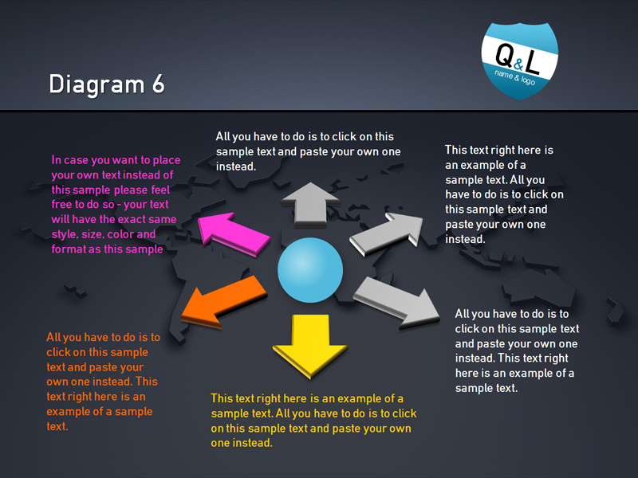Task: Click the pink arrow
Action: pyautogui.click(x=233, y=234)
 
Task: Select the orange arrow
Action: pyautogui.click(x=223, y=301)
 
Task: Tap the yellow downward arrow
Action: pyautogui.click(x=310, y=346)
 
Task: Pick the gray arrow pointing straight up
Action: pyautogui.click(x=310, y=205)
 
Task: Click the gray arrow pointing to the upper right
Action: pyautogui.click(x=386, y=234)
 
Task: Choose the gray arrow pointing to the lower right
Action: pyautogui.click(x=396, y=303)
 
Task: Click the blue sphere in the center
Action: pyautogui.click(x=310, y=270)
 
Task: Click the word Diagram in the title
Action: pyautogui.click(x=96, y=85)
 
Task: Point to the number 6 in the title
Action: pyautogui.click(x=158, y=84)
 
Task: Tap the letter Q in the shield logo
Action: pyautogui.click(x=504, y=55)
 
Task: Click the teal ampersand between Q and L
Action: pyautogui.click(x=518, y=64)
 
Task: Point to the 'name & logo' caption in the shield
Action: pyautogui.click(x=514, y=77)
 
